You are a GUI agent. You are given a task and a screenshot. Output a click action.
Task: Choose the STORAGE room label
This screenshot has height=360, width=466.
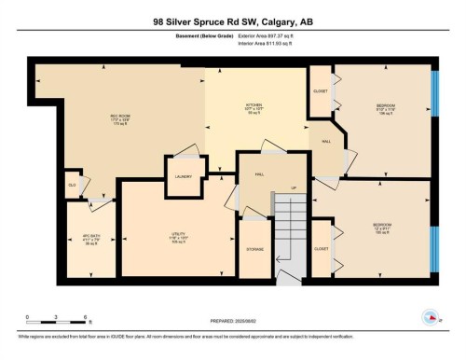coord(254,250)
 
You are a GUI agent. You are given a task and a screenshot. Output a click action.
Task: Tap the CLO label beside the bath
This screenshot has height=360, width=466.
coord(72,185)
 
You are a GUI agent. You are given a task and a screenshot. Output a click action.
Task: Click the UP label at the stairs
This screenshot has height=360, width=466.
coord(295,187)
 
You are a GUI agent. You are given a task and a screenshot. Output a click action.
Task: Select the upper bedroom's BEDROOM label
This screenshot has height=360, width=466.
coord(385,104)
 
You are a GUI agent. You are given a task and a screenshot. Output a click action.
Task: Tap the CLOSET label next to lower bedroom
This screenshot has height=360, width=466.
coord(322,249)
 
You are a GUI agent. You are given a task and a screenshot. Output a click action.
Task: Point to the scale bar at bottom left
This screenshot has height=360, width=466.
coord(56,322)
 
